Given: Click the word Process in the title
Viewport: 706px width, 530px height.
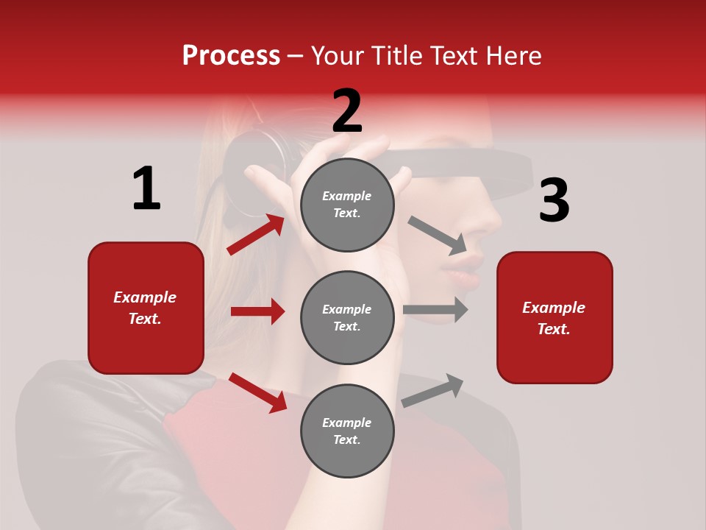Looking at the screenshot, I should point(231,56).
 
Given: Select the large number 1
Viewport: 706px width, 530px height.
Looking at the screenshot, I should point(146,189).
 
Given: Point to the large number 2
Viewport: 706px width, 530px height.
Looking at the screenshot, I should point(347,111).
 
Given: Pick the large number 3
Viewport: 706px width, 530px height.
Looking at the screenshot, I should point(554,200).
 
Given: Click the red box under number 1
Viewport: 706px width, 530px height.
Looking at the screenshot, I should point(146,308).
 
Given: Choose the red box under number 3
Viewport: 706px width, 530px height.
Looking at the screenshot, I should point(555,317).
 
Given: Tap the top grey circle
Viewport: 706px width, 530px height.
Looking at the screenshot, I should point(347,205).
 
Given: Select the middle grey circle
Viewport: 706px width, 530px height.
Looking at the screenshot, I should point(347,317).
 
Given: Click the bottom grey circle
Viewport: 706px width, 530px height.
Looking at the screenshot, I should point(347,431).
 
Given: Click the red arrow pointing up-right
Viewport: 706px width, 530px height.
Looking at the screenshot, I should point(256,234).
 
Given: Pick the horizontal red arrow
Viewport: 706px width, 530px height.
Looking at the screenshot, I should point(257,311).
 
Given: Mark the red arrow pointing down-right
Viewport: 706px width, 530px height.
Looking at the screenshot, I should point(257,392).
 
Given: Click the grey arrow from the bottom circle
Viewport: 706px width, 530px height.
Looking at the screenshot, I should point(432,390).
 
